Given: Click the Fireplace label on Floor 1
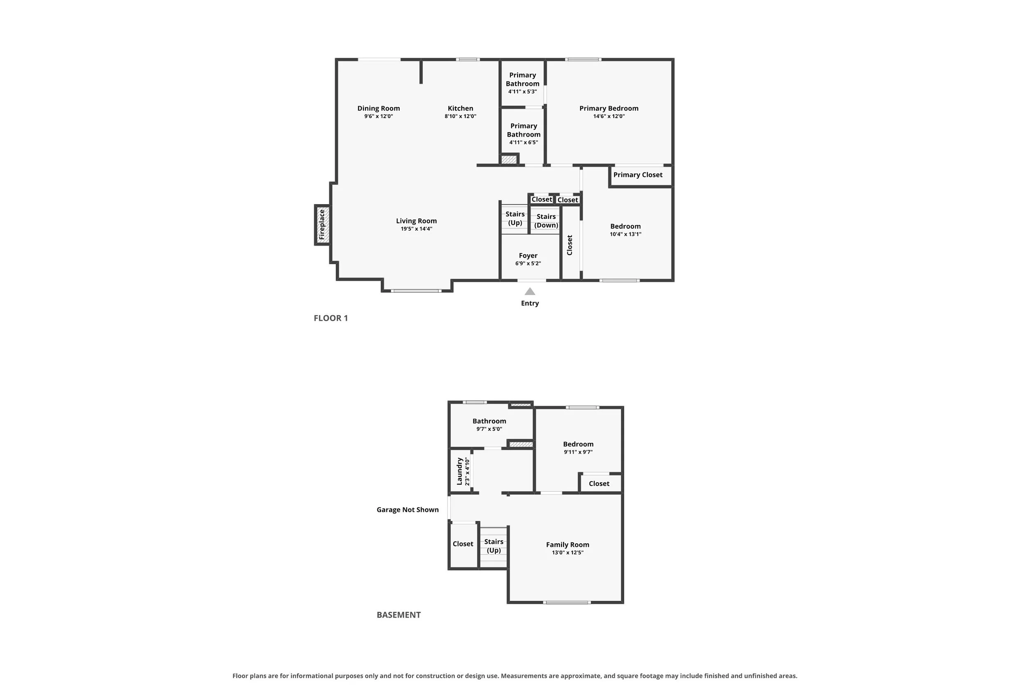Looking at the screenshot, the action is click(322, 224).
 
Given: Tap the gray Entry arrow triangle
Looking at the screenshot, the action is click(530, 291).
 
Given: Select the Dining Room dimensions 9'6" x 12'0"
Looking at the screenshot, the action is click(378, 116).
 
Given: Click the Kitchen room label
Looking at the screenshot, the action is click(460, 108).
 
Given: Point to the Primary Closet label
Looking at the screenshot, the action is click(638, 174).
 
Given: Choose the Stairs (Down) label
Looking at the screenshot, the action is click(546, 221).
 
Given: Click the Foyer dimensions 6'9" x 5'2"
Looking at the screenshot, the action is click(528, 263).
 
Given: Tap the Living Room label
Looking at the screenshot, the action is click(417, 221).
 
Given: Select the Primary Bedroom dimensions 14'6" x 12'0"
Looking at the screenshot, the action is click(609, 116).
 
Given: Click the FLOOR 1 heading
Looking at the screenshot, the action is click(331, 318).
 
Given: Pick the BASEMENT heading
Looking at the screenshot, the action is click(398, 615).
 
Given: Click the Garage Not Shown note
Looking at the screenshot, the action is click(407, 510).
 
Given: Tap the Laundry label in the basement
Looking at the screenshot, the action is click(459, 471).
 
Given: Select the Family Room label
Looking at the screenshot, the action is click(568, 545).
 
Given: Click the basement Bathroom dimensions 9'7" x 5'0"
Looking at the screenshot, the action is click(489, 429).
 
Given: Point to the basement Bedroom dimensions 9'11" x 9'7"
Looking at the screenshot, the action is click(578, 452).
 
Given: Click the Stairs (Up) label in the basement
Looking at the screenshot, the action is click(494, 546).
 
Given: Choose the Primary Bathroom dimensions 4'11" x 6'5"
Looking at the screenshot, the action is click(523, 143).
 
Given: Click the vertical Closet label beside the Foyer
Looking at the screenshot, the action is click(569, 245).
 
